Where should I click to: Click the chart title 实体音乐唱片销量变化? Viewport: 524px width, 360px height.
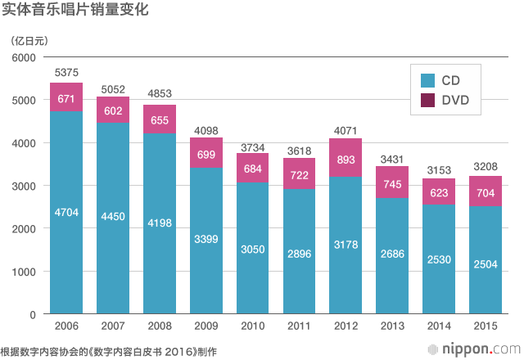68,11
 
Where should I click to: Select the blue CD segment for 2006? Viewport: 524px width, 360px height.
66,245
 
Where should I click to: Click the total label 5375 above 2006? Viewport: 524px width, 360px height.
66,73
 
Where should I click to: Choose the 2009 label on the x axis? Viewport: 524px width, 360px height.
206,327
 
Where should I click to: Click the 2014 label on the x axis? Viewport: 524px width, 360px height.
440,327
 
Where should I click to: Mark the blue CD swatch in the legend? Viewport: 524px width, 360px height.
427,80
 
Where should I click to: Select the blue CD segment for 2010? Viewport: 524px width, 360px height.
253,270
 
